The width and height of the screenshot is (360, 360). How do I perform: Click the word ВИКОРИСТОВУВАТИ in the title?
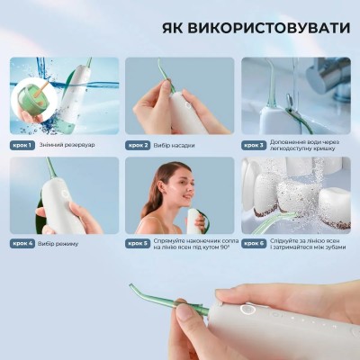coord(269,28)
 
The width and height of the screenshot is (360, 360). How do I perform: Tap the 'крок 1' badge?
coord(22,145)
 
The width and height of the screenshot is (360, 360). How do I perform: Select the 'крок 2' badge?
coord(138,146)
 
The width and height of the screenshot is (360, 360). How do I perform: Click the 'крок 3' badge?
coord(254,146)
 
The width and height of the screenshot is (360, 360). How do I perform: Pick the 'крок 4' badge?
coord(22,243)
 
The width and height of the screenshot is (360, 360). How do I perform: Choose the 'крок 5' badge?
coord(138,243)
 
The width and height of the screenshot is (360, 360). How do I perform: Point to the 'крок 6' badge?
coord(254,243)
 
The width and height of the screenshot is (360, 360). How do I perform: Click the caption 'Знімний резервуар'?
coord(67,145)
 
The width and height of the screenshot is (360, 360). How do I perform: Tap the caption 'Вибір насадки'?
coord(174,146)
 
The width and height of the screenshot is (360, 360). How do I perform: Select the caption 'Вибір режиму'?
coord(58,244)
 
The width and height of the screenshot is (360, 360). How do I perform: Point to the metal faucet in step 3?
coord(328,78)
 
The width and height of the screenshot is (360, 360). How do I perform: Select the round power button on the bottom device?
coord(247,309)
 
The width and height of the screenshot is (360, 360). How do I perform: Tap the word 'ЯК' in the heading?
coord(174,28)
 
